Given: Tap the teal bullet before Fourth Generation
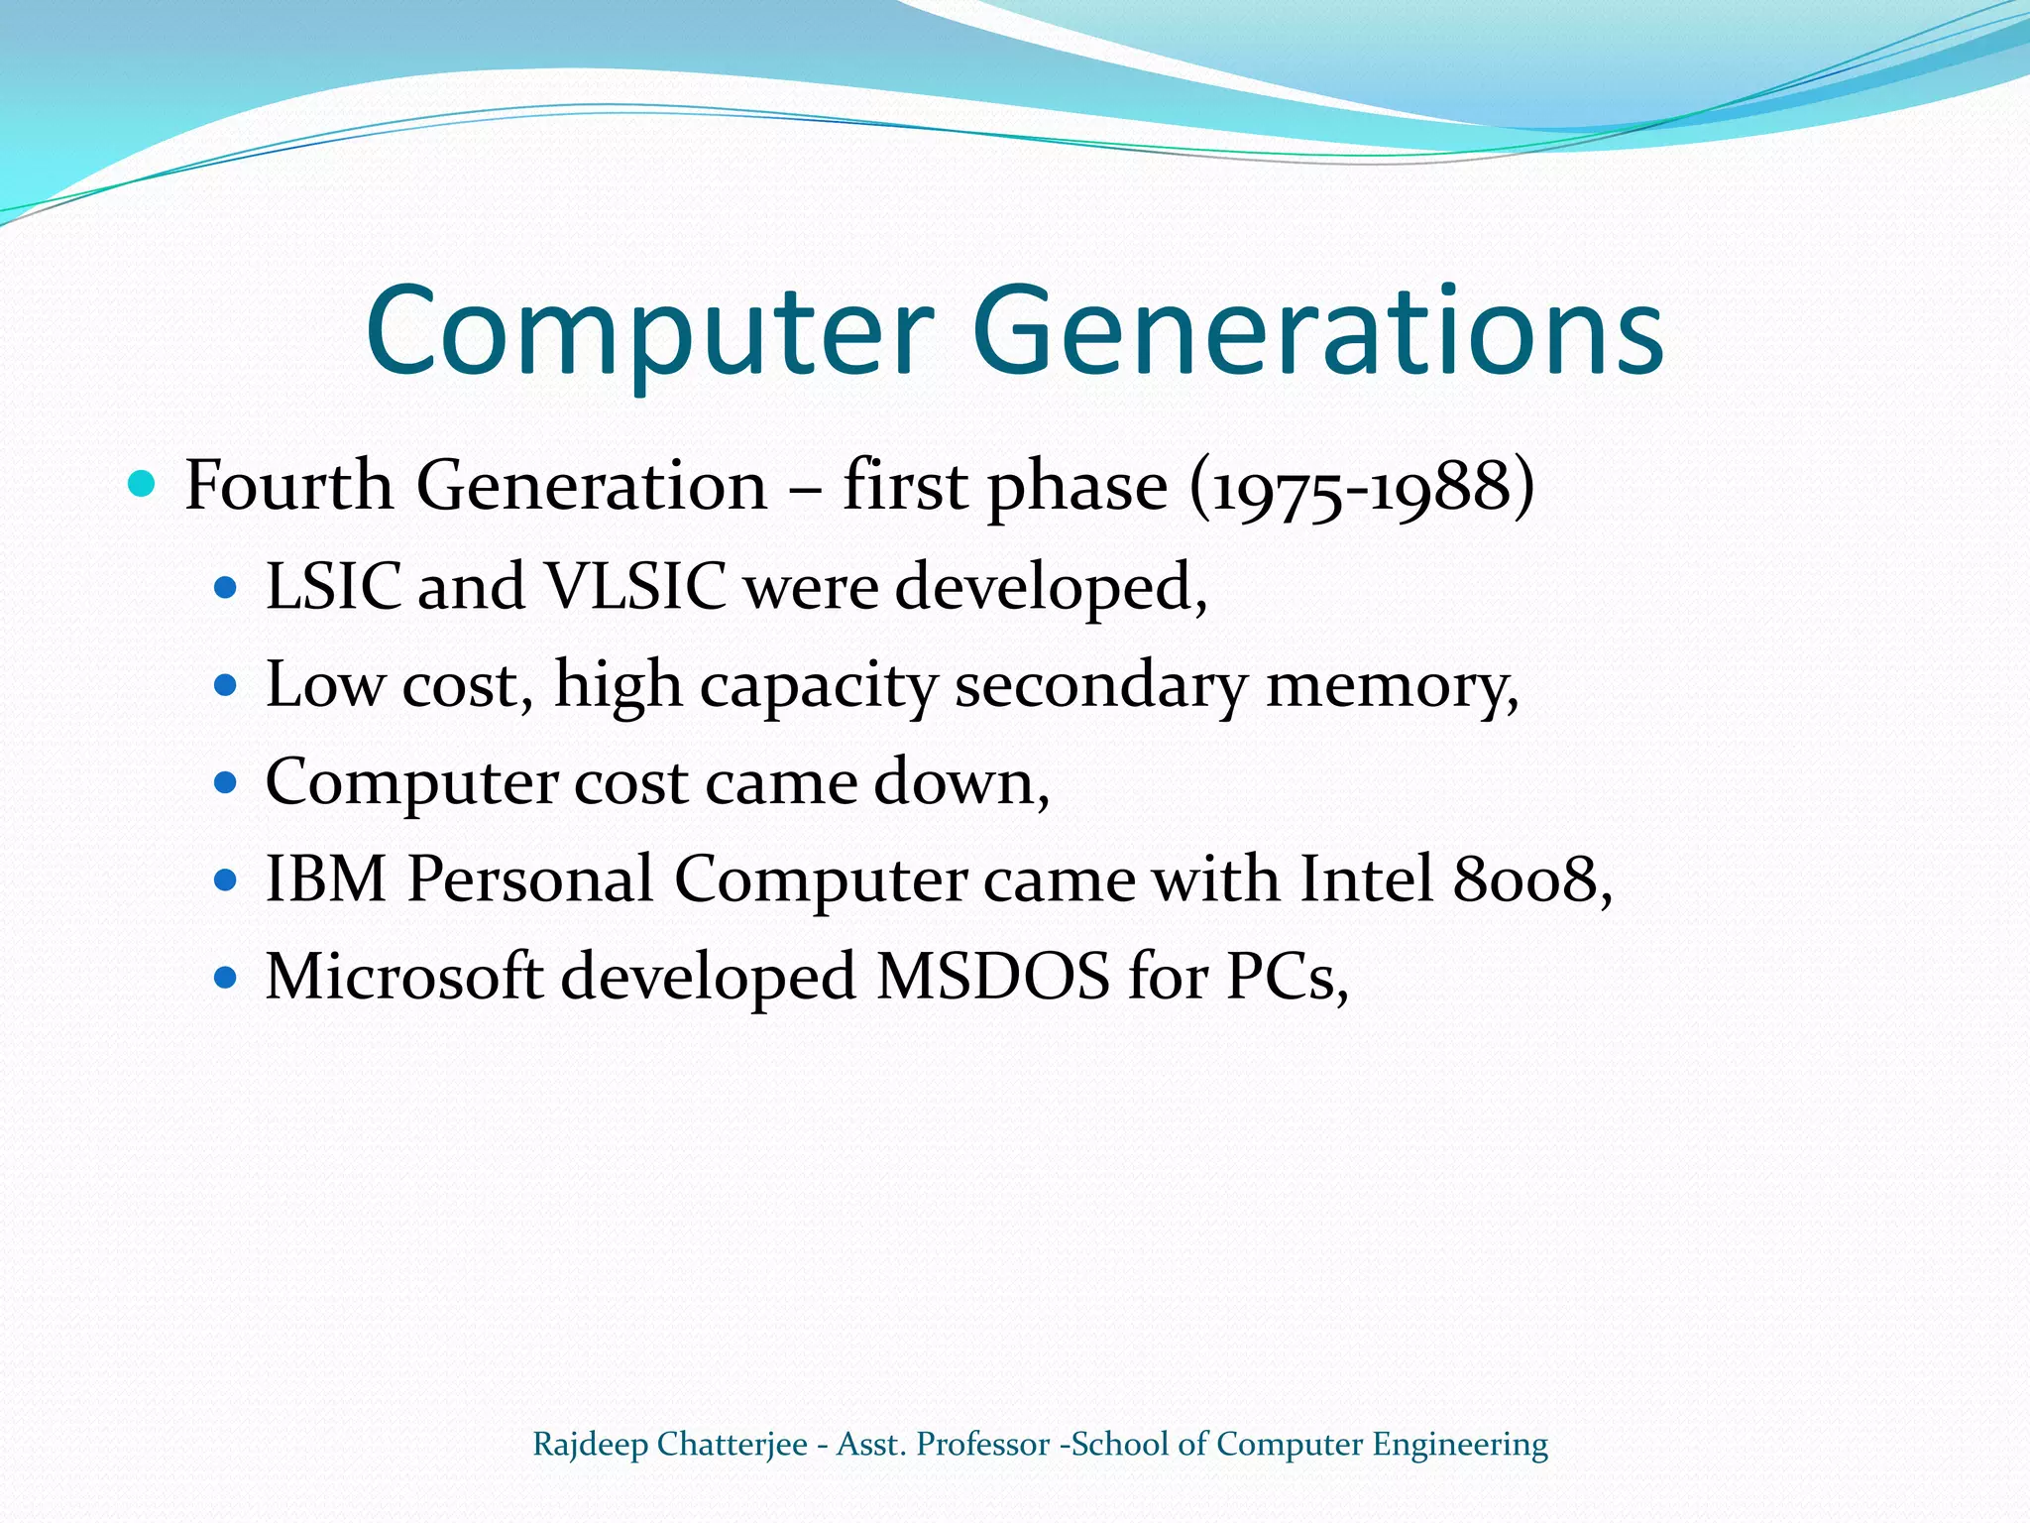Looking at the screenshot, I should [143, 485].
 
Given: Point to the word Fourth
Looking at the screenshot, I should [288, 486].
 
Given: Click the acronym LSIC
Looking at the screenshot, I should [333, 586].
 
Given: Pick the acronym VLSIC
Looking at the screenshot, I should [636, 586].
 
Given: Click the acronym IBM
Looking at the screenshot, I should [326, 879].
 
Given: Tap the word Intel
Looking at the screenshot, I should [1367, 879].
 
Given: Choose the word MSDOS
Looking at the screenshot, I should [993, 976].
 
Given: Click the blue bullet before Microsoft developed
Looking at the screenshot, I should [226, 978].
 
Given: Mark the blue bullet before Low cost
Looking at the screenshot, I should [226, 685].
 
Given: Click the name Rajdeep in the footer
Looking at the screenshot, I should [590, 1445].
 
